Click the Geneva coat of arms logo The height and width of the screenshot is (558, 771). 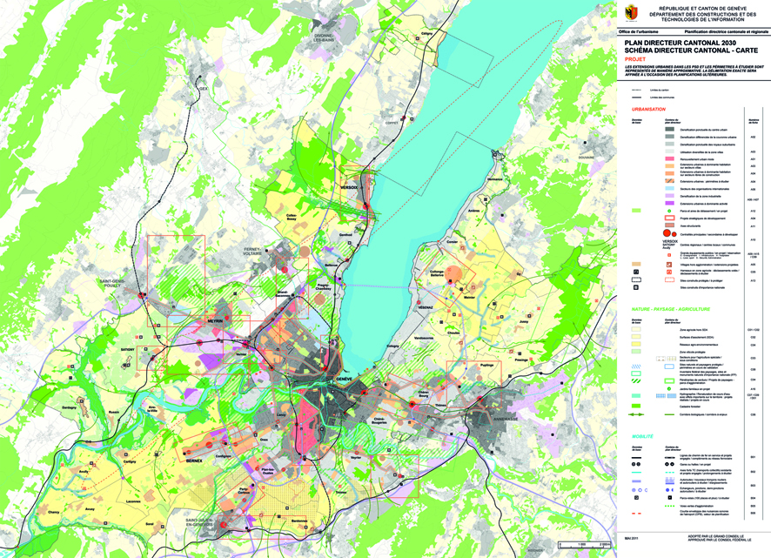click(x=631, y=12)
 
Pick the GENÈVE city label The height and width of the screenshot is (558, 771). click(x=343, y=380)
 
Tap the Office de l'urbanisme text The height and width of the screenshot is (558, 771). click(x=637, y=30)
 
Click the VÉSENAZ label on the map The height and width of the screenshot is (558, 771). click(x=425, y=307)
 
